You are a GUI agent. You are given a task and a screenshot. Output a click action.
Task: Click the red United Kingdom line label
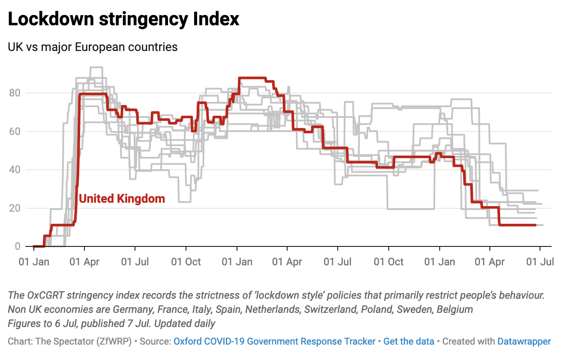[x=122, y=199]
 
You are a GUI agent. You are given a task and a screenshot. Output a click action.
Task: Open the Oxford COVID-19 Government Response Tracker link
[x=274, y=342]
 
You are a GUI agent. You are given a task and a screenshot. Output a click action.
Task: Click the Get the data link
[x=409, y=342]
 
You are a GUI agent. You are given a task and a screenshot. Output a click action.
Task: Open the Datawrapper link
[x=524, y=342]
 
